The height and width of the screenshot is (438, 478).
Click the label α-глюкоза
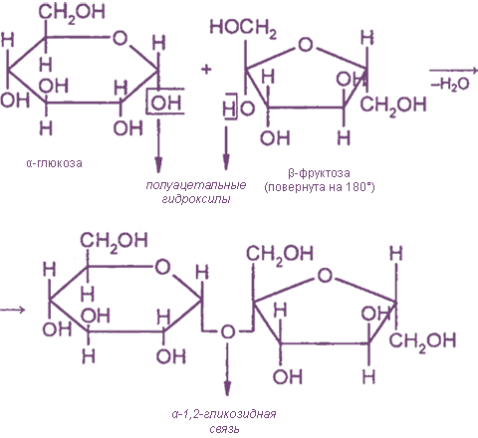click(54, 163)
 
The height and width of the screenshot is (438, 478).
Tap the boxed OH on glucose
click(166, 103)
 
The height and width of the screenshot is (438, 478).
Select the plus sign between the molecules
click(206, 70)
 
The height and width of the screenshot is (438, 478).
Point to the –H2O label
click(450, 85)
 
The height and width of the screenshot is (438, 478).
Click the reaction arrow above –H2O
click(454, 71)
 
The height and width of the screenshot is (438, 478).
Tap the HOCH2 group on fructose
click(243, 28)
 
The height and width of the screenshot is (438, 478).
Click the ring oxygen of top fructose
click(306, 45)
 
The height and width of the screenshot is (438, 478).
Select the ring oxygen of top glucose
click(119, 38)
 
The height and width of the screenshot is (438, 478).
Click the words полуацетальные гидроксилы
click(196, 192)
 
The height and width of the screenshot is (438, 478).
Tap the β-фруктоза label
click(320, 173)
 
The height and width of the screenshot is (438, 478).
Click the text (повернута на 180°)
click(320, 187)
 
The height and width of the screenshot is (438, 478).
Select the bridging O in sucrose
click(228, 331)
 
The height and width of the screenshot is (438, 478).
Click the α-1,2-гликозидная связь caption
click(224, 421)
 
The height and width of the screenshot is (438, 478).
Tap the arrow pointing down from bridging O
click(227, 369)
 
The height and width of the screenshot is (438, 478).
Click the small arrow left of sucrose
click(13, 310)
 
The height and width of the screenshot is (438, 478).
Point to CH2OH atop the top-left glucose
click(72, 13)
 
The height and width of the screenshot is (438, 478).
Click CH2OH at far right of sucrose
click(422, 341)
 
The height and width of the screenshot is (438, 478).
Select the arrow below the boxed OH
click(158, 146)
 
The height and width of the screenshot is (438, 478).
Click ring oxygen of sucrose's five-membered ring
click(325, 276)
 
